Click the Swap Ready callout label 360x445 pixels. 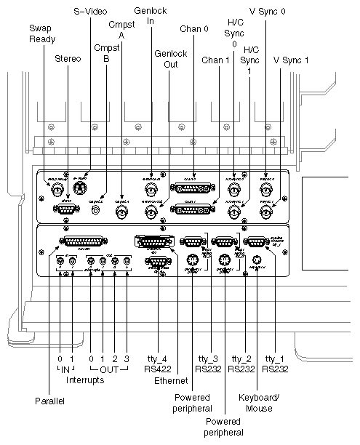pos(41,33)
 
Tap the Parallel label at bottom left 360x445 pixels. pos(49,401)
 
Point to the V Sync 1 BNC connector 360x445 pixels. pos(266,212)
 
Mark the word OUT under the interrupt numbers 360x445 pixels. pos(108,369)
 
